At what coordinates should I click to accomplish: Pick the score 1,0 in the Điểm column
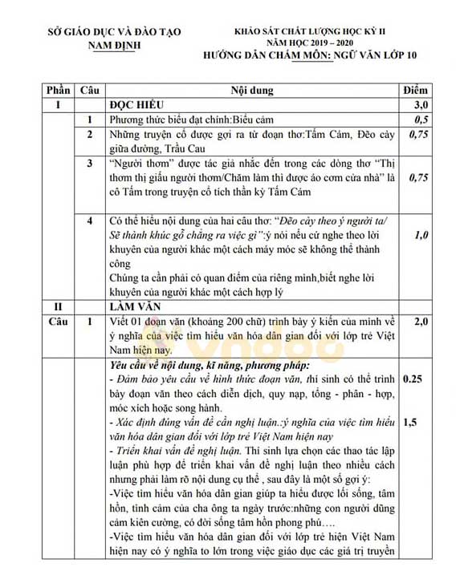point(421,236)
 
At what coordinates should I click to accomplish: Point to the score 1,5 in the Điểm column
point(411,421)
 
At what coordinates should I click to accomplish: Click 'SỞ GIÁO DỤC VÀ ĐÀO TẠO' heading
point(114,31)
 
